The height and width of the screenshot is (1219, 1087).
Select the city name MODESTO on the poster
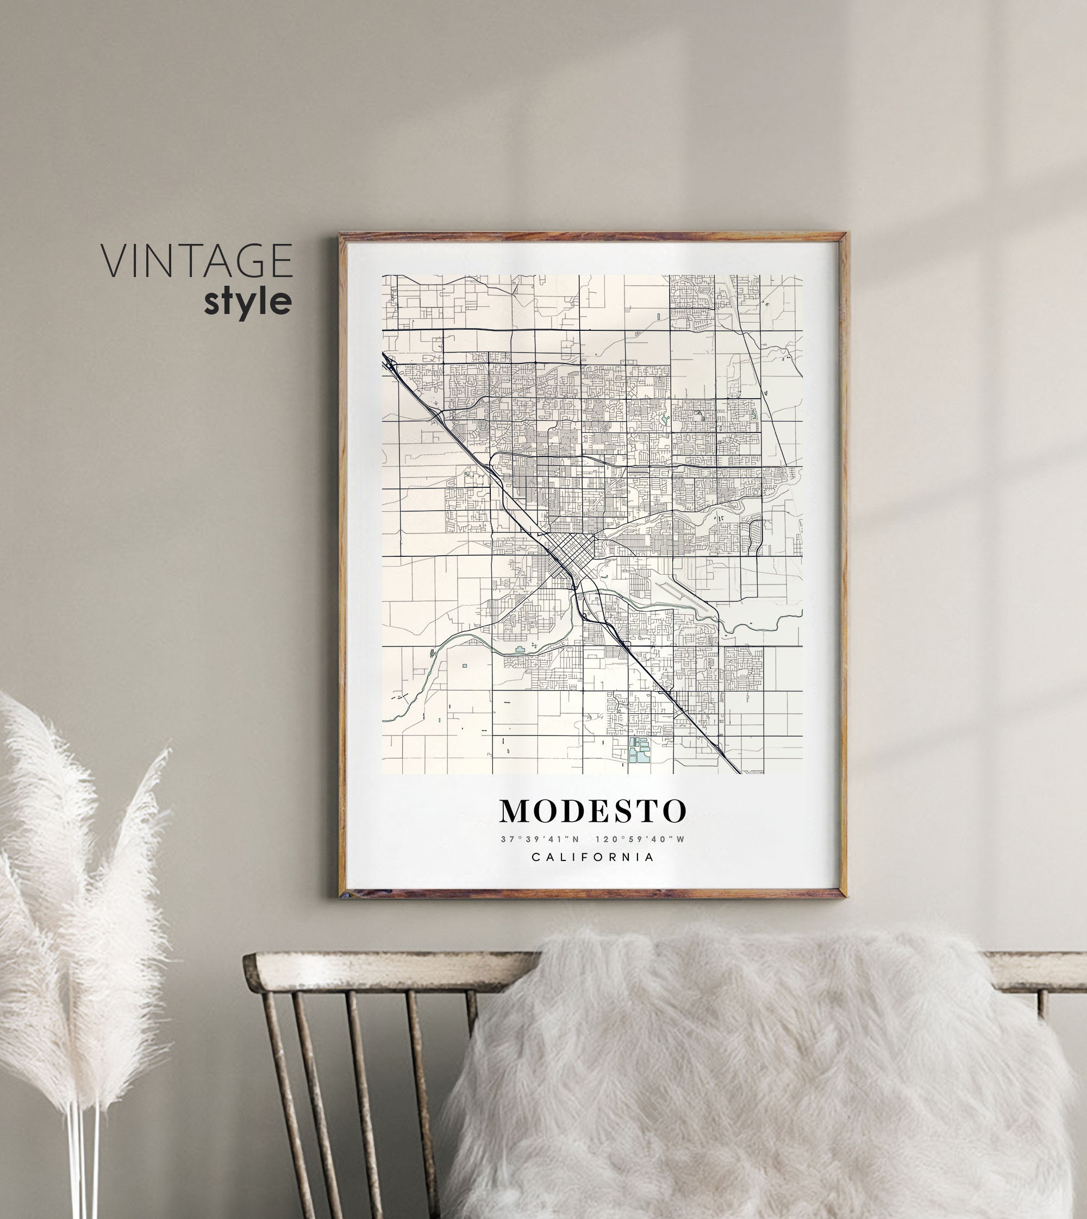click(x=592, y=810)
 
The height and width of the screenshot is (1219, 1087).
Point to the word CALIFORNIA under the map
click(x=593, y=857)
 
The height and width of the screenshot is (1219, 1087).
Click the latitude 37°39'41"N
click(x=540, y=839)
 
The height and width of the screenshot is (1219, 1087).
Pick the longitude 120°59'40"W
click(x=640, y=839)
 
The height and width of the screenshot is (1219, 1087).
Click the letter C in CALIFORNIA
click(x=535, y=857)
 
